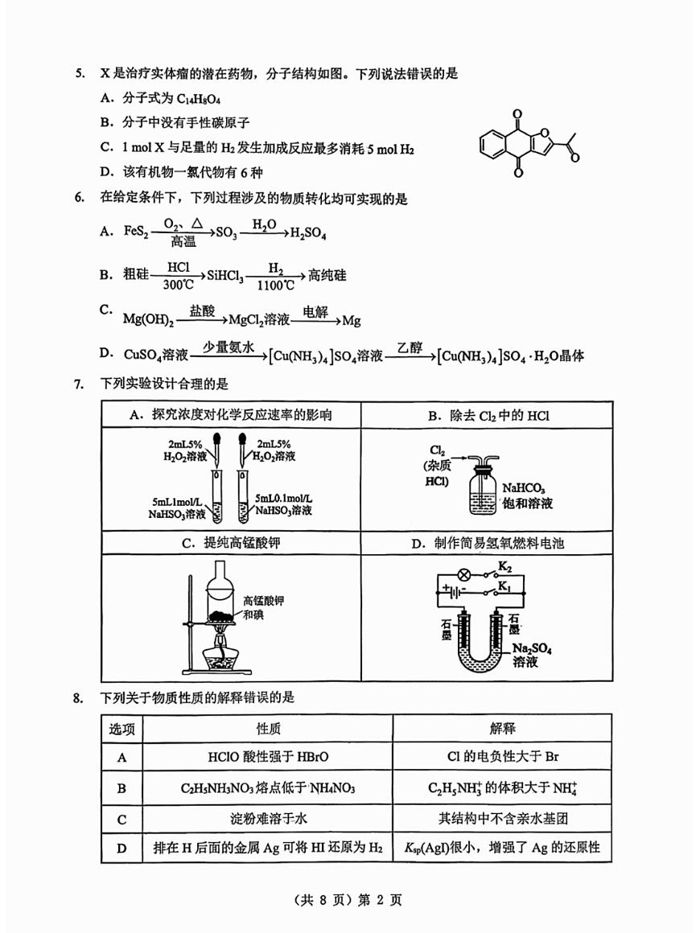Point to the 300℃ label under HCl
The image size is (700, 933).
coord(178,285)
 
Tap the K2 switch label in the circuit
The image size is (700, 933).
coord(504,568)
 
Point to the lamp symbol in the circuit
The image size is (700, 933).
coord(463,576)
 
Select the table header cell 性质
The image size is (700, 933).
coord(268,729)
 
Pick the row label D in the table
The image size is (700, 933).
coord(122,847)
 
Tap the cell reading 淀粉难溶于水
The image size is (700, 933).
coord(268,819)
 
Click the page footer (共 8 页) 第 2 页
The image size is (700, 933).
coord(349,900)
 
